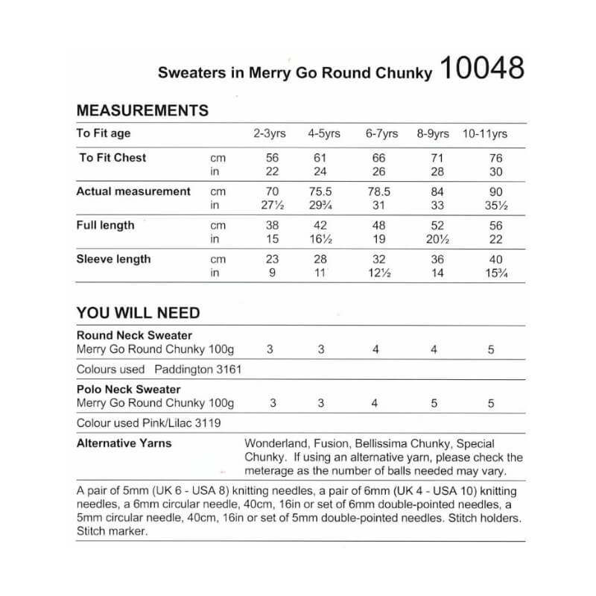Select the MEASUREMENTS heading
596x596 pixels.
(142, 111)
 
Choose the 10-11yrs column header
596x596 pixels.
(486, 134)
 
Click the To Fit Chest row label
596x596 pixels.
(112, 158)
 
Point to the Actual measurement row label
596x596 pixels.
(133, 191)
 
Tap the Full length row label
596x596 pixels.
(105, 225)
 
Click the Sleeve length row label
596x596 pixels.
(113, 259)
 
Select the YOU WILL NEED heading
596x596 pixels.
(138, 313)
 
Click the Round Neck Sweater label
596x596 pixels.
(134, 335)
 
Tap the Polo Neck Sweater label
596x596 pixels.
(129, 390)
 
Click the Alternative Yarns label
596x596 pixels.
(124, 443)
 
